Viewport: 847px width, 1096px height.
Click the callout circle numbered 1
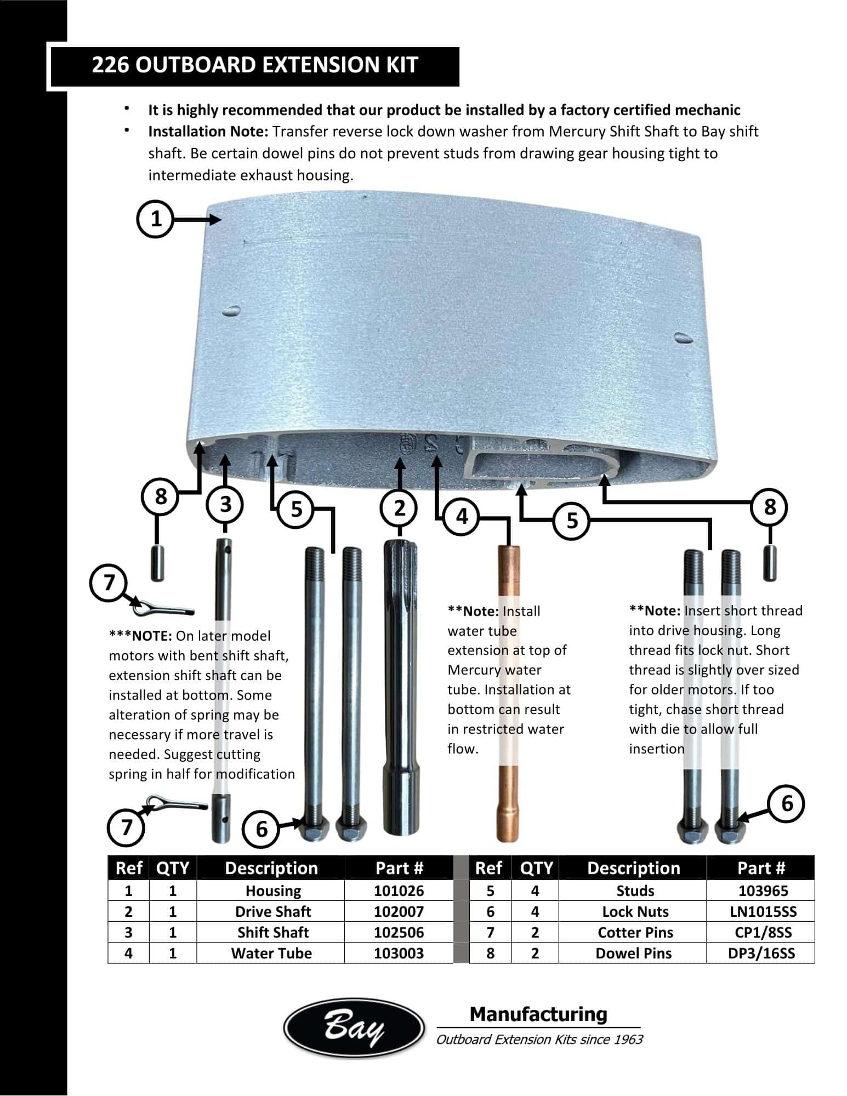156,219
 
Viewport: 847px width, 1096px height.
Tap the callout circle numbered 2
400,508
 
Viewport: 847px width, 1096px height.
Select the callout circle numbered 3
225,504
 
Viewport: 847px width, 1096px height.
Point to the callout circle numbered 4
462,516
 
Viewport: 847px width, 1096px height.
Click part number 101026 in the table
399,891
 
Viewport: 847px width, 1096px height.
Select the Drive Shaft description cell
273,911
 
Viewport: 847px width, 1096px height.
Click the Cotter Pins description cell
635,932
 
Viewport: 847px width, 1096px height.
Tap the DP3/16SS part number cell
761,953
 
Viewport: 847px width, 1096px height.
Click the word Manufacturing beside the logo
538,1014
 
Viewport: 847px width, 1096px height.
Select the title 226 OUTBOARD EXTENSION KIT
255,65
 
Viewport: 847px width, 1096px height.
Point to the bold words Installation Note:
208,132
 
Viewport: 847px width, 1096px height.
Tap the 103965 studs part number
763,891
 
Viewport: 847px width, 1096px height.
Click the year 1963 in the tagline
628,1039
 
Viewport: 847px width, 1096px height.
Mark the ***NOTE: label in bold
140,636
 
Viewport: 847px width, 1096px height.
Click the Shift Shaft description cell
273,932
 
